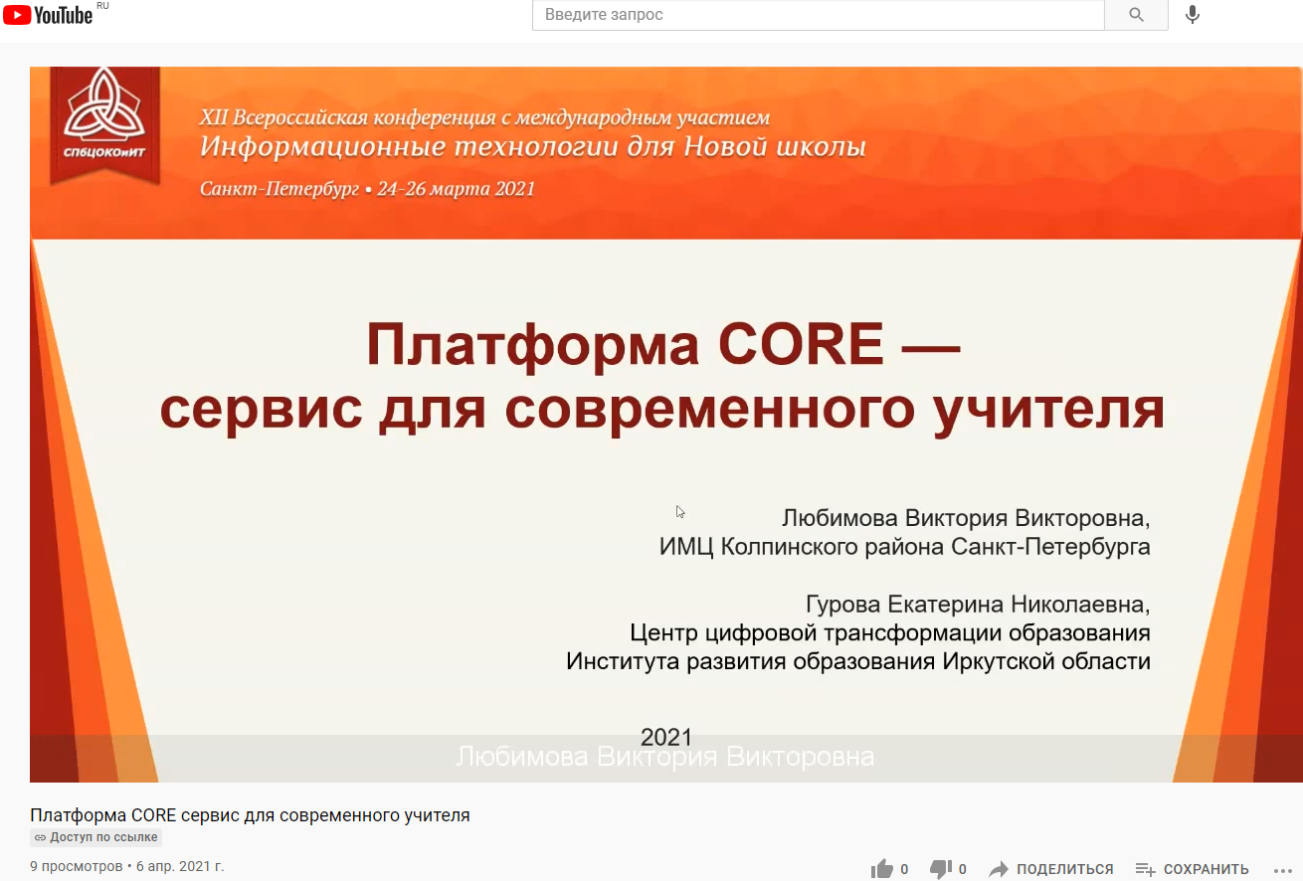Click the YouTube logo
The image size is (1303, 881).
48,14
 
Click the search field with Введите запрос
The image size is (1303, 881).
818,15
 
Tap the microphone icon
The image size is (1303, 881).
1193,15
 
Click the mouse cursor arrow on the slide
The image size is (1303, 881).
680,511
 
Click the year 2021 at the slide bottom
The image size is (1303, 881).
665,737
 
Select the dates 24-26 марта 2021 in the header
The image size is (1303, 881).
457,189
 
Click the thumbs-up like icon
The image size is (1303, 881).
881,869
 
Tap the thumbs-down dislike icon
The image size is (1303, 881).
940,869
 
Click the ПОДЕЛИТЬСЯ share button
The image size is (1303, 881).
1052,869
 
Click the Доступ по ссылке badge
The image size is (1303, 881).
95,837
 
